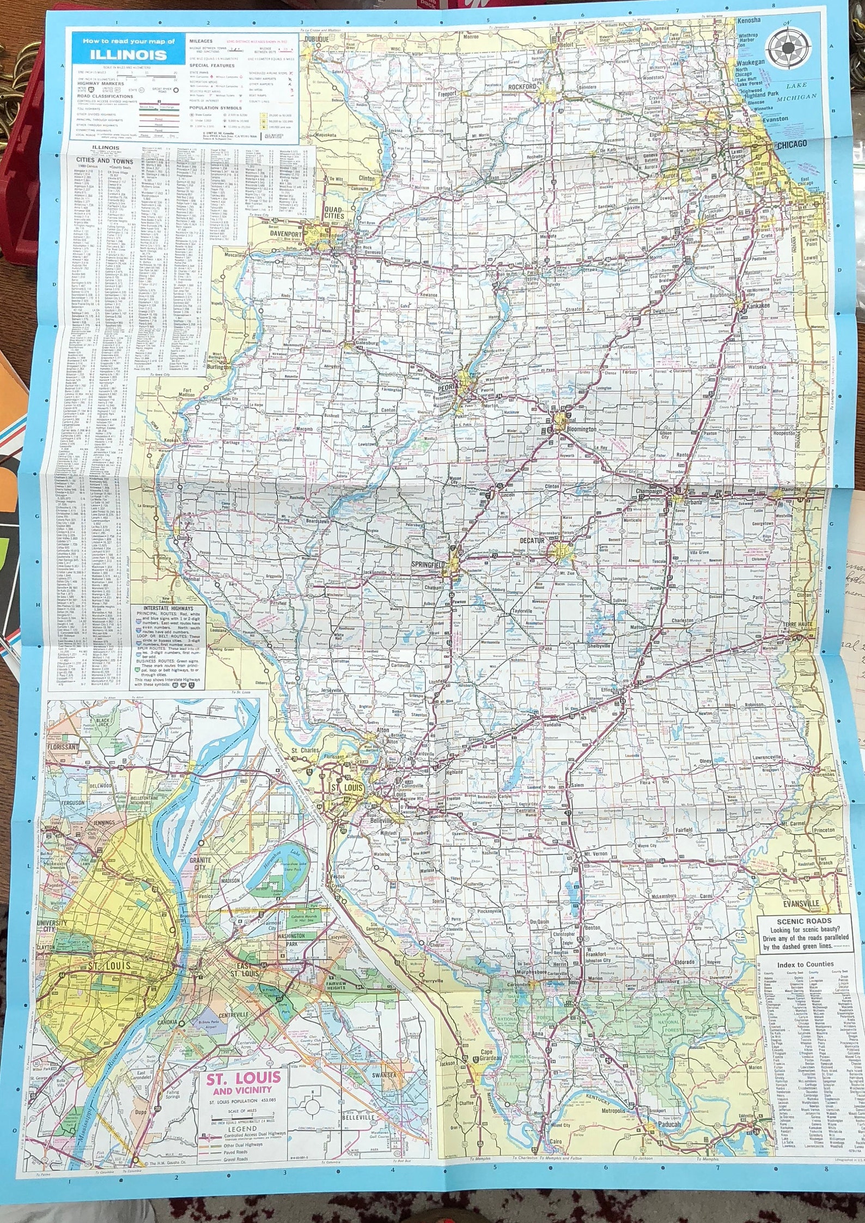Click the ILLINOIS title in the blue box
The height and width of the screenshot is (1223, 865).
click(129, 55)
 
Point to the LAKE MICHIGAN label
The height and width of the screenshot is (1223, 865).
click(801, 92)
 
